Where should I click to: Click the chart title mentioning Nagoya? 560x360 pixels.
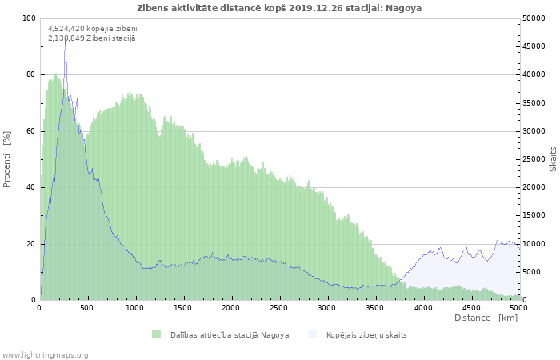point(279,8)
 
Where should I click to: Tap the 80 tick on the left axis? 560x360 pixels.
point(31,74)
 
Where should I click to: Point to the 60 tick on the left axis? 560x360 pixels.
point(31,131)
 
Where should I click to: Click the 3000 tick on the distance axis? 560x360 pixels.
point(327,307)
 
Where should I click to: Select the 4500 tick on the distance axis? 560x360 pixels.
point(470,307)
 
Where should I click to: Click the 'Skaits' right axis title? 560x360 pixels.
point(553,158)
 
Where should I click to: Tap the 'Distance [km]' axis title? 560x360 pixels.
point(486,318)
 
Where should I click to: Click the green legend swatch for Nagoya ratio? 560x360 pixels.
point(156,334)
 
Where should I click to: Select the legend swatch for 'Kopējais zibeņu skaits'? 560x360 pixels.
point(312,334)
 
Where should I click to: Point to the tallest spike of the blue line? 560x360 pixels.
point(65,42)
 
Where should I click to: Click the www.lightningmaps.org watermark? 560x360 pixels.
point(46,354)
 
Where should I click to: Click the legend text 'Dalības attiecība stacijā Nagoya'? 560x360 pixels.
point(230,334)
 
